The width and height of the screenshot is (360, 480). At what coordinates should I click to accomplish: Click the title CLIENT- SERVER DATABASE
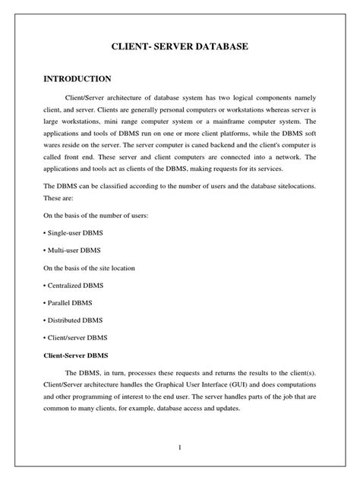click(180, 48)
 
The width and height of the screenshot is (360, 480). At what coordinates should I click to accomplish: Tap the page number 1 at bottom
click(180, 446)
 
